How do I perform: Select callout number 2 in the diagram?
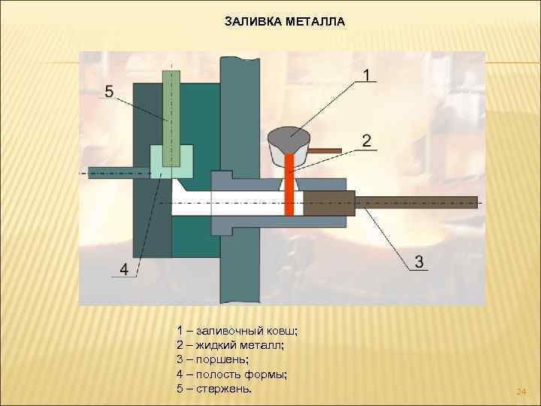[x=366, y=141]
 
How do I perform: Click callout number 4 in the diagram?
[x=124, y=268]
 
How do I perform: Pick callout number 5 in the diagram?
[x=109, y=92]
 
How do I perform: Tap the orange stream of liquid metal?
[x=289, y=188]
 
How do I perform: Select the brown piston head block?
[x=328, y=203]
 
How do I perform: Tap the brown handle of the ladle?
[x=324, y=151]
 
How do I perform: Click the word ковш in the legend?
[x=283, y=331]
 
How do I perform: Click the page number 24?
[x=521, y=392]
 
